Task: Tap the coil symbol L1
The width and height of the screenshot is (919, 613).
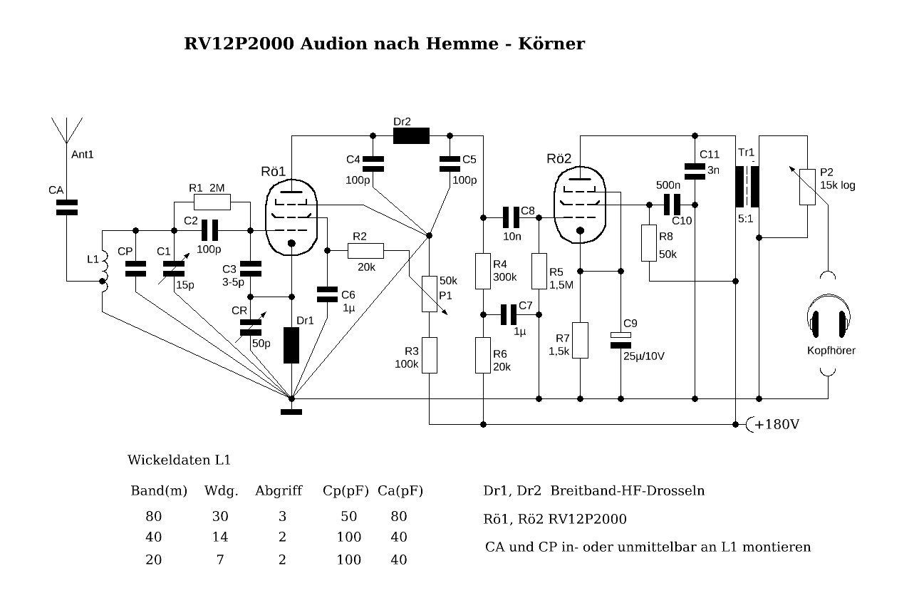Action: pyautogui.click(x=104, y=272)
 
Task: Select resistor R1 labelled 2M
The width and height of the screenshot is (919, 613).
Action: pyautogui.click(x=212, y=202)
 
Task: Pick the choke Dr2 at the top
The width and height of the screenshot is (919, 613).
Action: pyautogui.click(x=411, y=135)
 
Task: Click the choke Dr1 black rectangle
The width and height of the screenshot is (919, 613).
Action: pyautogui.click(x=291, y=345)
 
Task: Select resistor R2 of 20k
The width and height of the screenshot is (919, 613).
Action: pyautogui.click(x=365, y=250)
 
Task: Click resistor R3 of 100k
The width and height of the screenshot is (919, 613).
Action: pyautogui.click(x=430, y=355)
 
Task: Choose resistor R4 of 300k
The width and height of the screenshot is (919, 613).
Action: pyautogui.click(x=483, y=271)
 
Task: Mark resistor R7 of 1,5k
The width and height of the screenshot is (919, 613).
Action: pyautogui.click(x=581, y=340)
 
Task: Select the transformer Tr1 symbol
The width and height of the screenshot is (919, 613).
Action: pyautogui.click(x=747, y=187)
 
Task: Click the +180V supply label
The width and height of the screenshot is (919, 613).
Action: pyautogui.click(x=777, y=425)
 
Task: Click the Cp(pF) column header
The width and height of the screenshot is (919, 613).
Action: pyautogui.click(x=345, y=491)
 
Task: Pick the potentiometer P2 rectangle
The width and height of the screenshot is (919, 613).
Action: pyautogui.click(x=807, y=187)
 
